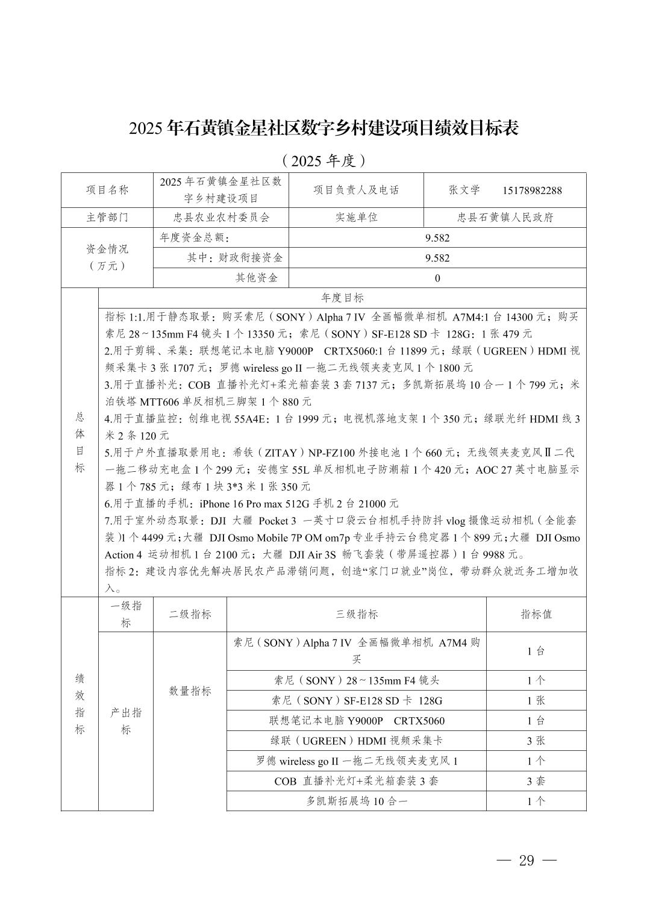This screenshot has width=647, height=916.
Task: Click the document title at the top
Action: (x=323, y=128)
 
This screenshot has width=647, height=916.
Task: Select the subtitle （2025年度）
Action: (x=323, y=160)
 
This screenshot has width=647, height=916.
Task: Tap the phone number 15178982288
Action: (x=532, y=191)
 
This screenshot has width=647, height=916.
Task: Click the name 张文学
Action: (x=464, y=190)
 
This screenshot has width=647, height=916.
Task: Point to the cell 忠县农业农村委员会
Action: (x=221, y=218)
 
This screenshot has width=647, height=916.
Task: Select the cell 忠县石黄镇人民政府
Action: (x=505, y=218)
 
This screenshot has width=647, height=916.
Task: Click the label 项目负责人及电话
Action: (x=356, y=190)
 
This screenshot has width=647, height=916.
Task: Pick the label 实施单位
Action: (x=356, y=218)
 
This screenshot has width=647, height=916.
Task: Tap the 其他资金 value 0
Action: (x=437, y=278)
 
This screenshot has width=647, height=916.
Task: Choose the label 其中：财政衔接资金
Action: (x=234, y=258)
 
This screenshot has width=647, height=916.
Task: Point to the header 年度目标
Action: (x=342, y=298)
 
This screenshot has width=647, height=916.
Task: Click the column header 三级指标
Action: (x=357, y=614)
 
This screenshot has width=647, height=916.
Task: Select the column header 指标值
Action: (x=536, y=614)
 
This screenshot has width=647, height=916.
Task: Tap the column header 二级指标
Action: (x=190, y=614)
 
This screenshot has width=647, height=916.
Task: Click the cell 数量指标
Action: (x=190, y=691)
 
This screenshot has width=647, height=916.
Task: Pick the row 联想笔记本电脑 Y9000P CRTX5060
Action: (x=357, y=721)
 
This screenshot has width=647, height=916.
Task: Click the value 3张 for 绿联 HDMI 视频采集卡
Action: (x=536, y=741)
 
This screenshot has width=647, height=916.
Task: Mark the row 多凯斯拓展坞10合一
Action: (x=357, y=801)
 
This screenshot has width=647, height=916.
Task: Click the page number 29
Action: (x=527, y=861)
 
